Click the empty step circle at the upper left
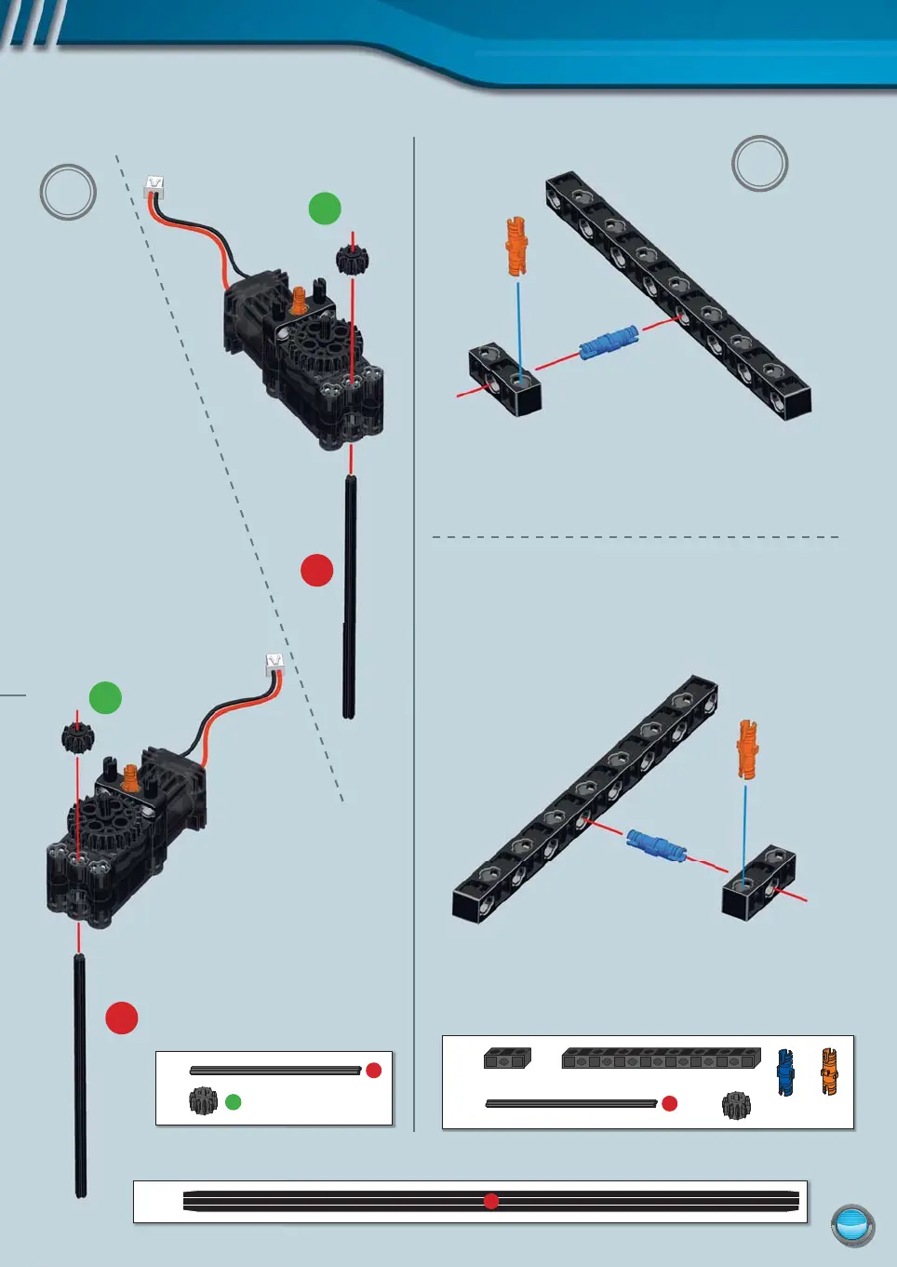68,193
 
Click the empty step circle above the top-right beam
759,164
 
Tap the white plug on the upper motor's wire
154,185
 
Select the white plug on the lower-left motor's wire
274,663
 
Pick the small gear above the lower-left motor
78,737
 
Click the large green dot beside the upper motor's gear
325,209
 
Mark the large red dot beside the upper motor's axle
317,571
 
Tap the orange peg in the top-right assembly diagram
516,246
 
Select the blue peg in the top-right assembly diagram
609,344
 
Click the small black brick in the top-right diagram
504,379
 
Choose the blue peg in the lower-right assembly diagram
656,845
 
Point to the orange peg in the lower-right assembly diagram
747,748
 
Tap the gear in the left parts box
203,1101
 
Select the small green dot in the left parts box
234,1102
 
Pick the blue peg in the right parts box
785,1072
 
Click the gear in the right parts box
736,1105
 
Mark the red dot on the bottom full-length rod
491,1201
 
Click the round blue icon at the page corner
852,1224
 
